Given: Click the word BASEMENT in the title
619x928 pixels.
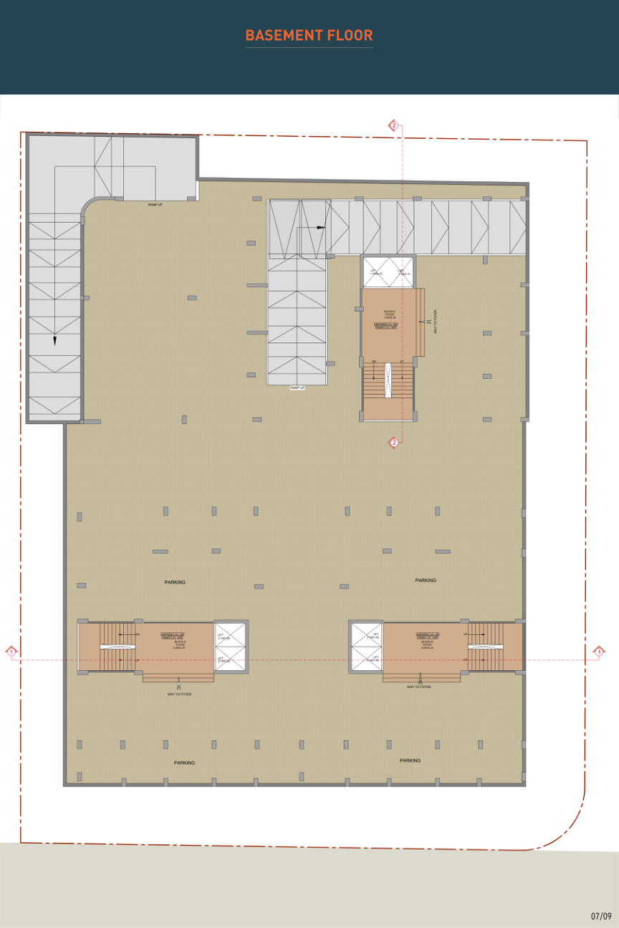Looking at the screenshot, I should coord(276,35).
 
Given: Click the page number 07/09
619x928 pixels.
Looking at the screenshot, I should coord(601,916).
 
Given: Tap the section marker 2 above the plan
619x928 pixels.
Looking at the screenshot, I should coord(393,126).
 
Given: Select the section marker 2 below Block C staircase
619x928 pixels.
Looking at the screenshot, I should coord(393,443).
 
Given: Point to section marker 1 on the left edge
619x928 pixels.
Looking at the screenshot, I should coord(11,651).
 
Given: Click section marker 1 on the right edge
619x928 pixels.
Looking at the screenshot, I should coord(599,651).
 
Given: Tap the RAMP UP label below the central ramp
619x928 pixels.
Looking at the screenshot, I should coord(297,387).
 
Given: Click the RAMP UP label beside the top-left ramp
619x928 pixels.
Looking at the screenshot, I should coord(155,205).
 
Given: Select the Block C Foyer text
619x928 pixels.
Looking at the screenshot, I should coord(389,315).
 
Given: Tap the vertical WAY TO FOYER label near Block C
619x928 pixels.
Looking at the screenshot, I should coord(435,322).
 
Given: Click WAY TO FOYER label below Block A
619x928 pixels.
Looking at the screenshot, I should coord(179,694).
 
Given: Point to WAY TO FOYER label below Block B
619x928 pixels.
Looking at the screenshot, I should coord(419,687).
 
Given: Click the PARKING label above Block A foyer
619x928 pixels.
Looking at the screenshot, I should coord(175,582).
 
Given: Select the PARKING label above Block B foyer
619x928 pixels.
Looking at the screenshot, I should coord(426,580).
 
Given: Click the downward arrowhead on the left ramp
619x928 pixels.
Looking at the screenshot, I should coord(54,341).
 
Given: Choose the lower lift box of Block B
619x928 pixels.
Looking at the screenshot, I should coord(367,659).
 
